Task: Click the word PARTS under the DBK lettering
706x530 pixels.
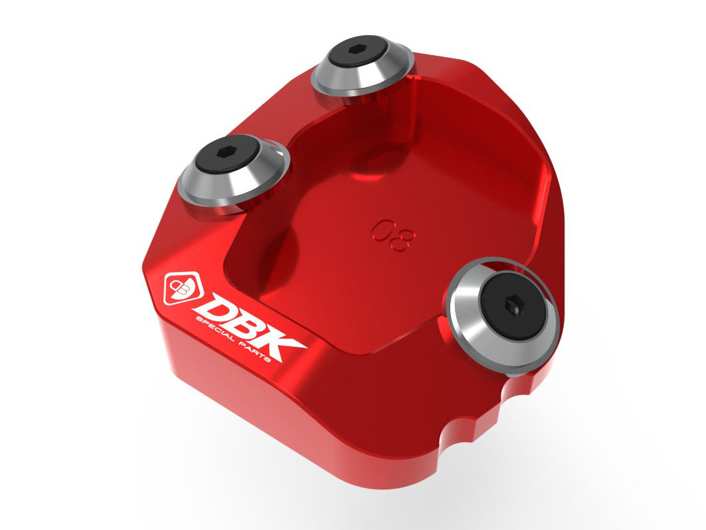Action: tap(265, 353)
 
